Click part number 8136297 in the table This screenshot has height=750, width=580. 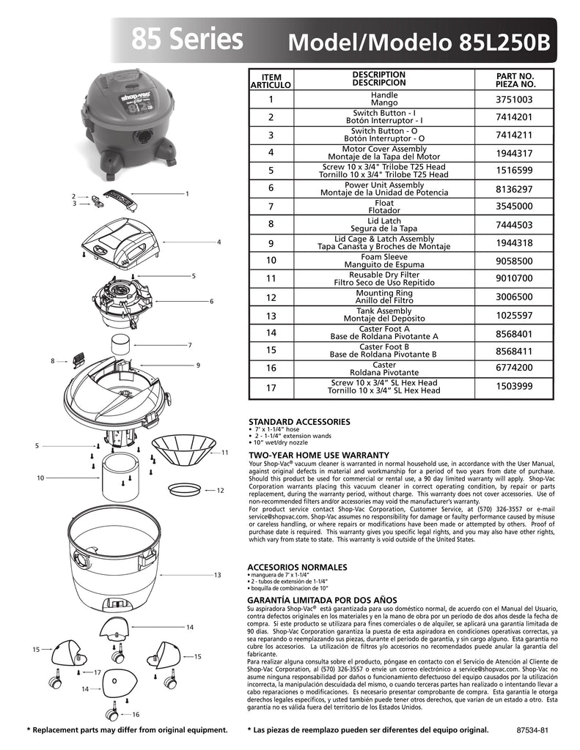pyautogui.click(x=514, y=189)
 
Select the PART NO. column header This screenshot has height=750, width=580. pyautogui.click(x=515, y=80)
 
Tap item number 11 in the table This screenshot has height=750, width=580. pyautogui.click(x=271, y=278)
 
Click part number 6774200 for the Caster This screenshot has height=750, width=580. pyautogui.click(x=514, y=368)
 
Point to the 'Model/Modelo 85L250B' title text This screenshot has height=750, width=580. pyautogui.click(x=419, y=42)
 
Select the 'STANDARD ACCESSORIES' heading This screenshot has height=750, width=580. pyautogui.click(x=299, y=422)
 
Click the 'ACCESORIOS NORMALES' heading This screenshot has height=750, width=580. pyautogui.click(x=298, y=567)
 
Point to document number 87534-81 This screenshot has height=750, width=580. pyautogui.click(x=532, y=730)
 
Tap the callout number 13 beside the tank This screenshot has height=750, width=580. pyautogui.click(x=217, y=575)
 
